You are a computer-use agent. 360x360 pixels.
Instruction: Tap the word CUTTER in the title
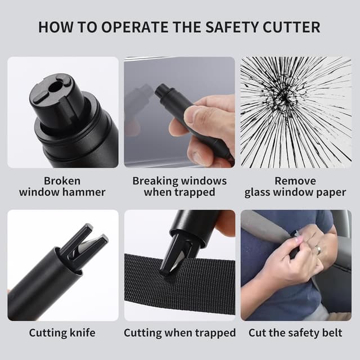coord(291,27)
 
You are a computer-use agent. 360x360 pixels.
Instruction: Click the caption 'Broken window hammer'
coord(62,186)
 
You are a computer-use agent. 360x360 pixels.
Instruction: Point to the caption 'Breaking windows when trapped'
coord(179,186)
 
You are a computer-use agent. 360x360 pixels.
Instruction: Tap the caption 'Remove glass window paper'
coord(295,186)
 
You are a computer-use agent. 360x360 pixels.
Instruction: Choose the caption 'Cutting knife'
coord(62,333)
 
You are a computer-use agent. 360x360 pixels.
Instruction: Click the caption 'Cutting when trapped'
coord(180,333)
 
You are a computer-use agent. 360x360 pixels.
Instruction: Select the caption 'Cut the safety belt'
coord(295,333)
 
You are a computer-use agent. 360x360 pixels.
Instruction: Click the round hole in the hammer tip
coord(55,87)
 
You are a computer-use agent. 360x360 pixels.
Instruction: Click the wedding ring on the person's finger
coord(318,250)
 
